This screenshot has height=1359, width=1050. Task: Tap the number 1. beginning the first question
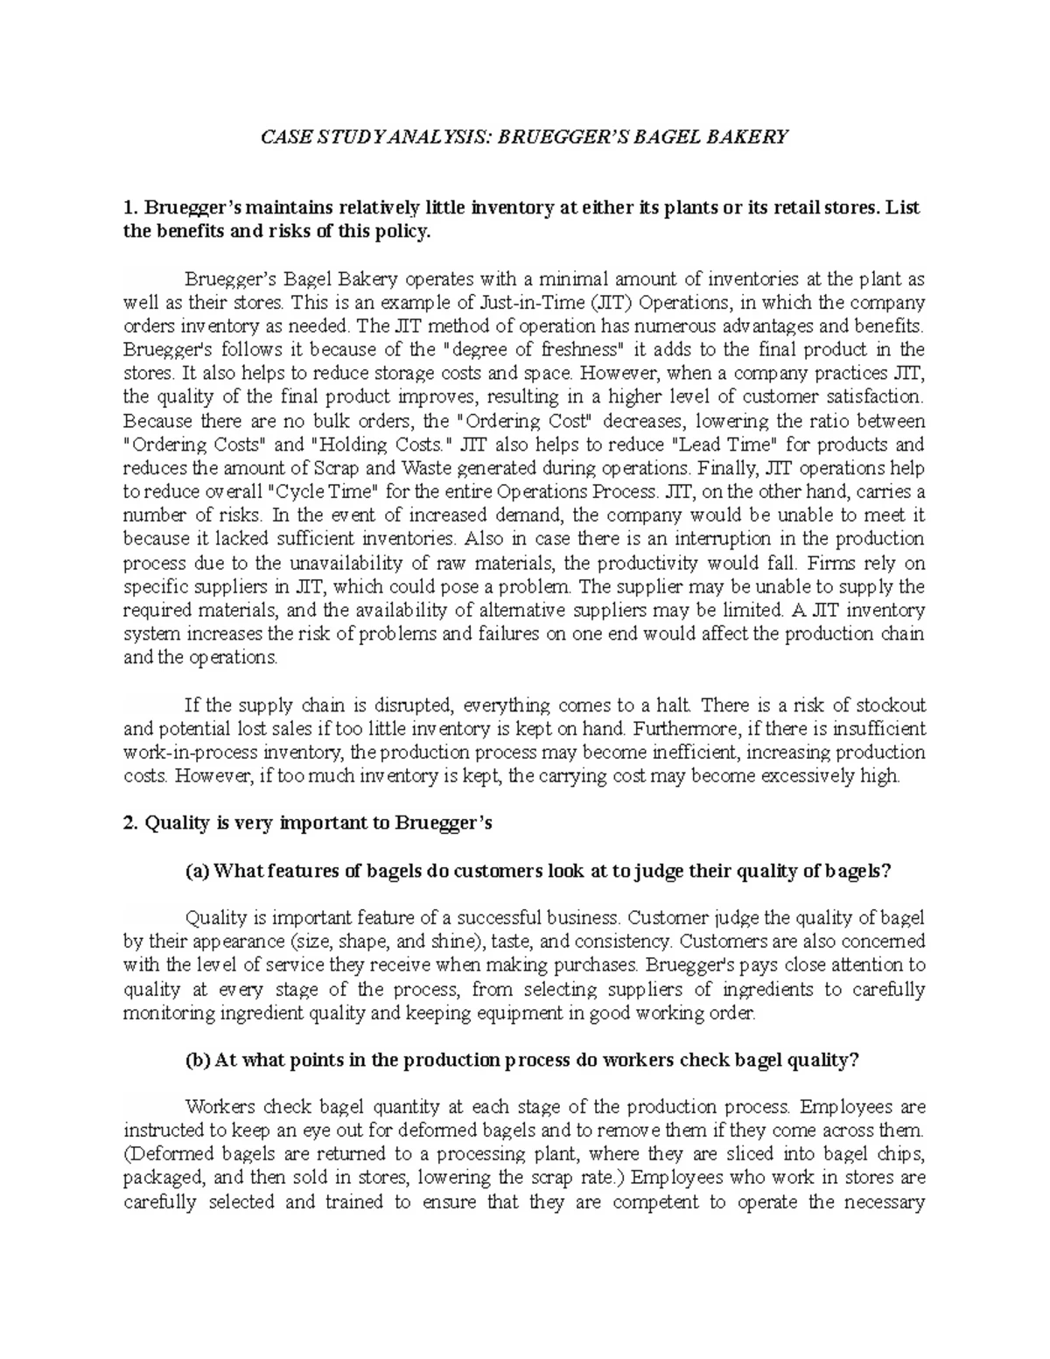pyautogui.click(x=131, y=208)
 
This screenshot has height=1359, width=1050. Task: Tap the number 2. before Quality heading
pyautogui.click(x=131, y=823)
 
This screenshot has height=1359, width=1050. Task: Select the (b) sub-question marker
pyautogui.click(x=198, y=1060)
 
